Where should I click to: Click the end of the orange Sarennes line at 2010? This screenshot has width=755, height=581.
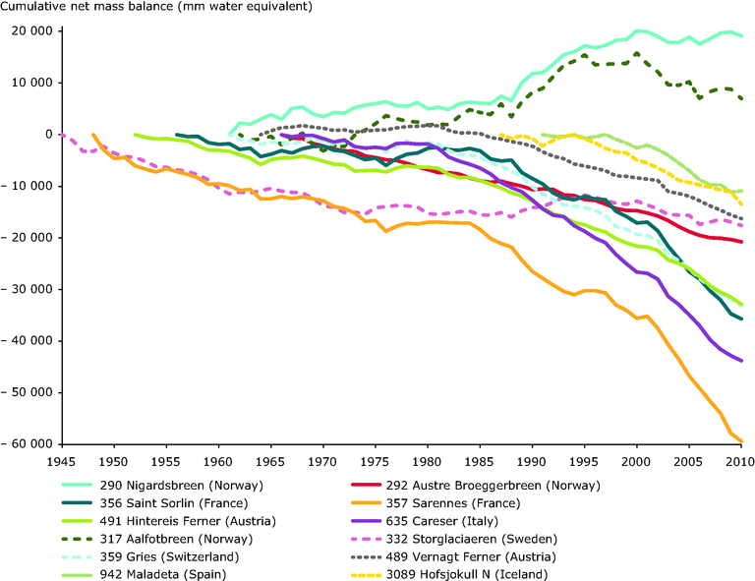click(740, 441)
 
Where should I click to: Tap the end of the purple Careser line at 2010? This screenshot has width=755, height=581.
click(740, 361)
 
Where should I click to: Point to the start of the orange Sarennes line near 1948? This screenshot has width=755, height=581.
click(93, 135)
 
